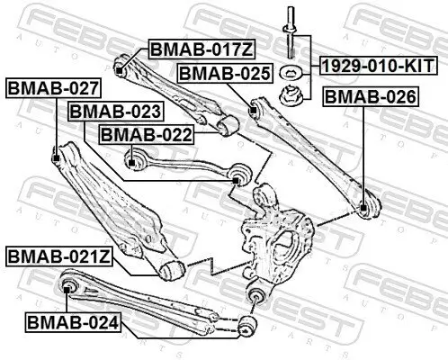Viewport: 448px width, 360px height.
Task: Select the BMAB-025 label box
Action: pos(224,73)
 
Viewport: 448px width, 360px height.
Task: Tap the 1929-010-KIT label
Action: pos(377,66)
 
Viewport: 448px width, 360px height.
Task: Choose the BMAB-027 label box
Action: pos(52,88)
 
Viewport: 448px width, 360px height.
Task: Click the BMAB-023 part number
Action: pos(115,112)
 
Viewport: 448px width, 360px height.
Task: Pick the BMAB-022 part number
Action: pos(146,134)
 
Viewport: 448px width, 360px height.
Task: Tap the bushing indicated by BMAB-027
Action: pos(56,158)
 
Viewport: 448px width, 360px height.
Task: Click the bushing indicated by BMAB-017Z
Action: pos(121,64)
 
